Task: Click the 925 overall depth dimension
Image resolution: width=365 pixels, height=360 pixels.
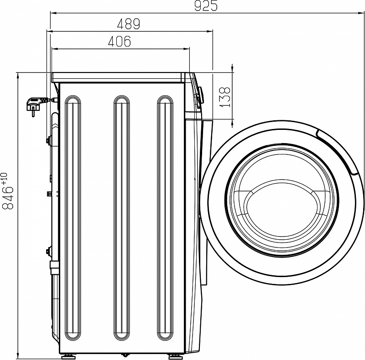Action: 206,6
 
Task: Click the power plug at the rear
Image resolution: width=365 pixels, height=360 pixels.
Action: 35,105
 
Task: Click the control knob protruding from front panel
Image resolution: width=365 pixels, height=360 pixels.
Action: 200,95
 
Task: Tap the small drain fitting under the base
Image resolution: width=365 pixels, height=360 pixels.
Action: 123,354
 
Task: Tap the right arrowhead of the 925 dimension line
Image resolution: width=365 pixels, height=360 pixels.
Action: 362,14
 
